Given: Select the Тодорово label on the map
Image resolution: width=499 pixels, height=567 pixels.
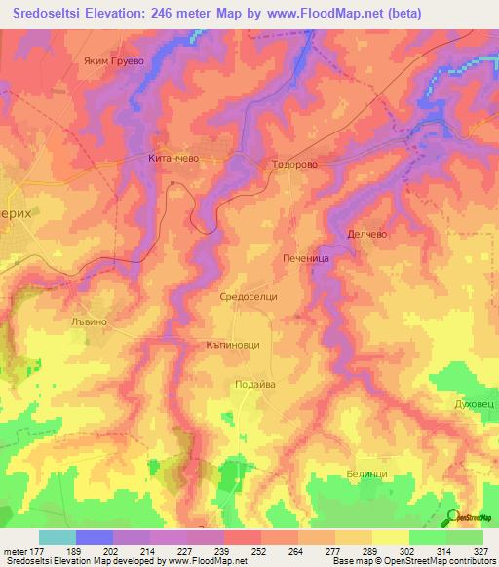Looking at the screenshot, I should [x=293, y=165].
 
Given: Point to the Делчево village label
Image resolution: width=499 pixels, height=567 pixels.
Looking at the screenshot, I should [x=367, y=234].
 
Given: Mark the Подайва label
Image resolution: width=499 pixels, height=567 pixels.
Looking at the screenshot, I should [x=255, y=385].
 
